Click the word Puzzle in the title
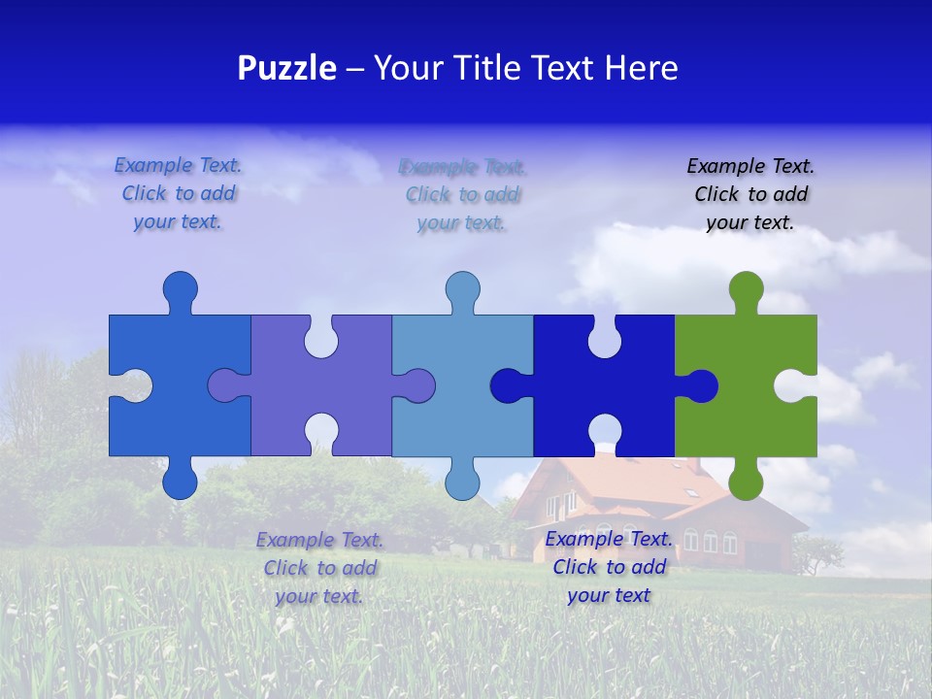[x=287, y=69]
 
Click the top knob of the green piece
[x=746, y=290]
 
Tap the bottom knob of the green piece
[x=746, y=481]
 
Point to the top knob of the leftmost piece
[x=180, y=290]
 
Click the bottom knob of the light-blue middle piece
[x=462, y=481]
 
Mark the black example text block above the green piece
[x=750, y=194]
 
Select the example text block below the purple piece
[x=319, y=568]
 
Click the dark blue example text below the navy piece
[x=609, y=567]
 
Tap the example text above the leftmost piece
[x=178, y=193]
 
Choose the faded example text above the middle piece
[x=462, y=194]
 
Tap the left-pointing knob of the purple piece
[x=225, y=386]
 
